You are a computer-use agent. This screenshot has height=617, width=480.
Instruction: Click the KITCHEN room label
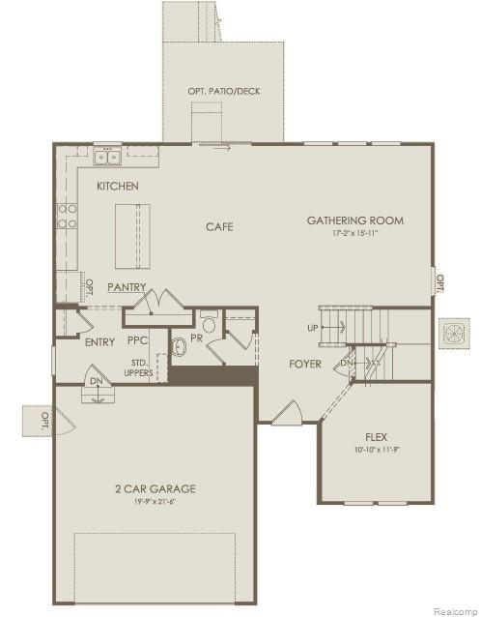pos(117,186)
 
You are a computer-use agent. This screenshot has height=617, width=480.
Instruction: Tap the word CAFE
pos(219,227)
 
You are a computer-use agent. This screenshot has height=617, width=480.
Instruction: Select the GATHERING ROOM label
pos(355,220)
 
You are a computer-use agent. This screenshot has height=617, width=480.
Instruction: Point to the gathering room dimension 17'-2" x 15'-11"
pos(355,234)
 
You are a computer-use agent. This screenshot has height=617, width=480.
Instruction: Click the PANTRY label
pos(127,287)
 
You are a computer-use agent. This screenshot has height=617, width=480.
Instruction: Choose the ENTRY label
pos(99,342)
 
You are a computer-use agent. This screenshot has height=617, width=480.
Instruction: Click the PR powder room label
pos(196,339)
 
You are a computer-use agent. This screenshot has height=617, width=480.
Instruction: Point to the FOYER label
pos(305,365)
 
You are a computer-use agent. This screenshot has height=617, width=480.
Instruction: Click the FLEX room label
pos(377,437)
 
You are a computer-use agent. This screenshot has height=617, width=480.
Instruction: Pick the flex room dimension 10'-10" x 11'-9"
pos(377,450)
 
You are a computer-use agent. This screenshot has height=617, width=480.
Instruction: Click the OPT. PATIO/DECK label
pos(223,92)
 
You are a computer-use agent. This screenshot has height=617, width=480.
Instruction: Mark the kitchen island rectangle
pos(134,237)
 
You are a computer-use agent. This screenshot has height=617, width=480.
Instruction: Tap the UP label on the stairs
pos(313,327)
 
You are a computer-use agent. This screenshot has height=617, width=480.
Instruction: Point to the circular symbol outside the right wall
pos(453,334)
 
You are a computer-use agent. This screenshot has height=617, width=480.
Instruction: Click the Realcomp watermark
pos(451,610)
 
